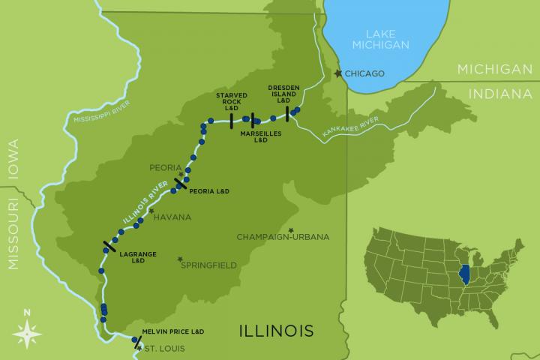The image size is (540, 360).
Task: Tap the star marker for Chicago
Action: click(337, 73)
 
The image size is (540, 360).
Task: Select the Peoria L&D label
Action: click(209, 191)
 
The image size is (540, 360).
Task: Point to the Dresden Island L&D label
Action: click(284, 93)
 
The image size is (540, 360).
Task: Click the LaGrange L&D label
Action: click(132, 257)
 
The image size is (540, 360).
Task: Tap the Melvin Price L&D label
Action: click(173, 331)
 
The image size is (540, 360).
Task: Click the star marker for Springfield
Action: click(179, 259)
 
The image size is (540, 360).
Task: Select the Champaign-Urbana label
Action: click(283, 237)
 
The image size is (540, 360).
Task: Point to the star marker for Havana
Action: click(151, 211)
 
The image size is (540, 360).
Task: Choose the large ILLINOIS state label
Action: click(275, 330)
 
